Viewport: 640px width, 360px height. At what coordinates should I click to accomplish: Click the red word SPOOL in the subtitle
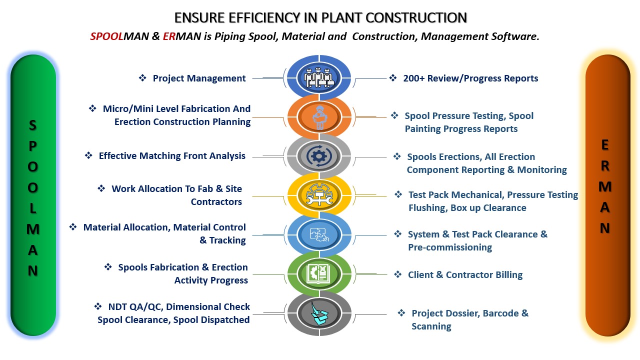tap(106, 36)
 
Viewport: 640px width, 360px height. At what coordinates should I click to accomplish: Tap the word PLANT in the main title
tap(341, 17)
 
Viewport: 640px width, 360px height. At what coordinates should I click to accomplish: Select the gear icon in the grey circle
tap(319, 156)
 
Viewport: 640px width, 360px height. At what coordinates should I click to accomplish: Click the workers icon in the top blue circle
tap(319, 77)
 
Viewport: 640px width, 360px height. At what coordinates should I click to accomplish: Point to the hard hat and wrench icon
tap(319, 195)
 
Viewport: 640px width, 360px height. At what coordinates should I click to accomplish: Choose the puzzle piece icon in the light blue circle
tap(319, 234)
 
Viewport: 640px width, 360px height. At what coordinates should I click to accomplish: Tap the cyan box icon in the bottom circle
tap(319, 313)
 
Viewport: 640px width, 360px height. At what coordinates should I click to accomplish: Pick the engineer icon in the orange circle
tap(319, 117)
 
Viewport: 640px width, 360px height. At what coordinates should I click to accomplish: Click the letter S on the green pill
tap(33, 125)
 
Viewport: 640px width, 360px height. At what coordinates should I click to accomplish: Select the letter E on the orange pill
tap(605, 145)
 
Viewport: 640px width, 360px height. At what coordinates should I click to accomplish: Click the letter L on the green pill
tap(33, 208)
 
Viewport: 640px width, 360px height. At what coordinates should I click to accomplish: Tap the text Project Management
tap(199, 78)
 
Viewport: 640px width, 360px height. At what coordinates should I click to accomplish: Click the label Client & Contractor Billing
tap(465, 275)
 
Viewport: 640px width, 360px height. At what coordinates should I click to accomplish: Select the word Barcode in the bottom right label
tap(500, 313)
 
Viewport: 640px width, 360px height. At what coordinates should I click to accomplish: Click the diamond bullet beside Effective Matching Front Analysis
tap(88, 155)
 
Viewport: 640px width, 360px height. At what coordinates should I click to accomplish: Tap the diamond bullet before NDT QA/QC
tap(98, 306)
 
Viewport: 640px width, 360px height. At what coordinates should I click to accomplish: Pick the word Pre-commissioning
tap(450, 247)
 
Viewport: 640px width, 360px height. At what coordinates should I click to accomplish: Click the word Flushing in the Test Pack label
tap(427, 208)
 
